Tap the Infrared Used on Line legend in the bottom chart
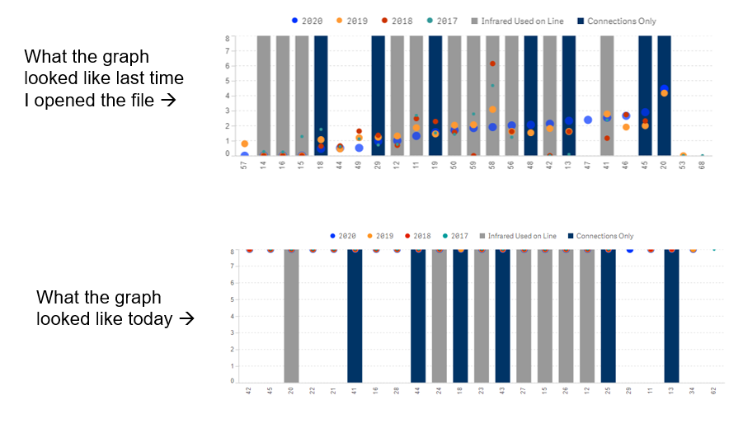coord(520,236)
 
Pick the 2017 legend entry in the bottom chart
coord(457,236)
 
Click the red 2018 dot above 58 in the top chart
coord(492,64)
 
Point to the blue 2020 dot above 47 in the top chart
coord(588,120)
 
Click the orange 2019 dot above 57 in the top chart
coord(244,144)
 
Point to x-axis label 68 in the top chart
coord(702,165)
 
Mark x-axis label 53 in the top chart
coord(683,165)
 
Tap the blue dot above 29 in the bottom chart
coord(630,248)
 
